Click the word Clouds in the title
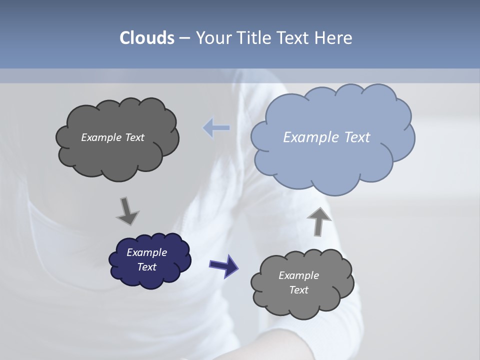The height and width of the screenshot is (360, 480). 147,38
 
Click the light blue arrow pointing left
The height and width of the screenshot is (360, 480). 216,128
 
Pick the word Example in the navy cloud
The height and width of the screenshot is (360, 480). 146,252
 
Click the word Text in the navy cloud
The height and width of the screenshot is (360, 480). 146,267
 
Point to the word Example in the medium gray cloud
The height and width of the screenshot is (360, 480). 298,275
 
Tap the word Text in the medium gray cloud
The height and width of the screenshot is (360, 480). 298,290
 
